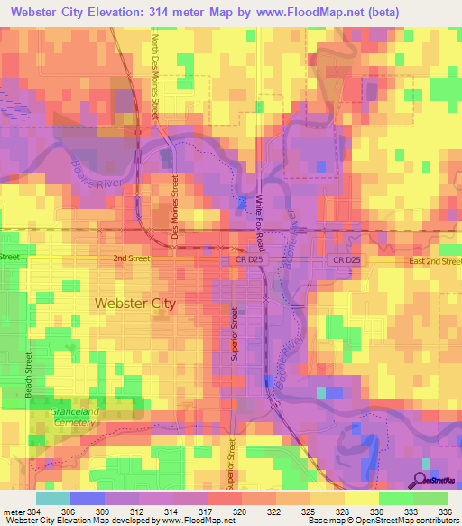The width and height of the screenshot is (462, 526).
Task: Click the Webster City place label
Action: pos(135,304)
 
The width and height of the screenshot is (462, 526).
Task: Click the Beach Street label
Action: pos(30,376)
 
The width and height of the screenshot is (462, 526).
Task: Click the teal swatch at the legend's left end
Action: pos(52,498)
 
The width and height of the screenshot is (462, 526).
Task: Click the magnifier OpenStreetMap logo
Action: pos(420,481)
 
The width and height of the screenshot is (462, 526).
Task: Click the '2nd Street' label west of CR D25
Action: pos(131,258)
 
